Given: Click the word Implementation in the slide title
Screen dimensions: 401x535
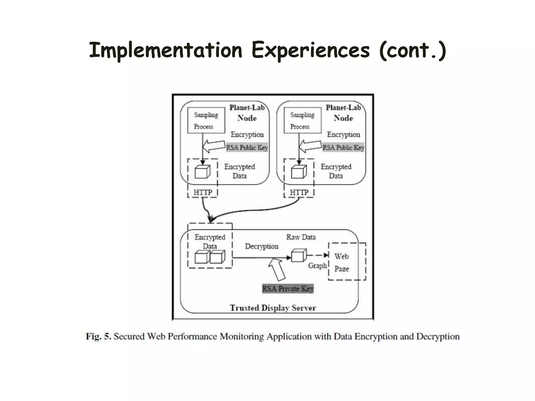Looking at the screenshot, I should point(166,50).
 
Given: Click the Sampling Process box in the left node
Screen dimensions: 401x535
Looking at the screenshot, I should point(206,120).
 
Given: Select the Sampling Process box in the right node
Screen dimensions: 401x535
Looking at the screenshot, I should point(303,120).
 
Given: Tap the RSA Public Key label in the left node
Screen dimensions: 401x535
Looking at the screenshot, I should point(247,148).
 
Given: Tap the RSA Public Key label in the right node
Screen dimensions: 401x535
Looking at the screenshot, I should point(343,148).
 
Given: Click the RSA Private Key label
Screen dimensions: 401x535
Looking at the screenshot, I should point(288,289).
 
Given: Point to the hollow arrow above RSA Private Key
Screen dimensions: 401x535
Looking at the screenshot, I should point(277,269).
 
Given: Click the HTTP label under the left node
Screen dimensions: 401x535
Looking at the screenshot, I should point(203,192).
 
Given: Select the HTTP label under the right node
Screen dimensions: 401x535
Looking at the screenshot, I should point(299,192).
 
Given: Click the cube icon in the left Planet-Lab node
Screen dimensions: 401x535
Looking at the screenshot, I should point(202,172).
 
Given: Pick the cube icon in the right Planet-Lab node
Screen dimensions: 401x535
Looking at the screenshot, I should point(299,172).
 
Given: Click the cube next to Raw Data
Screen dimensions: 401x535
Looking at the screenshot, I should point(299,256).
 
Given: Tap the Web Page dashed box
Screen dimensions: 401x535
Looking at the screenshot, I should point(347,262).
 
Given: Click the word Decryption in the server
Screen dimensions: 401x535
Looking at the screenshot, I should point(261,246).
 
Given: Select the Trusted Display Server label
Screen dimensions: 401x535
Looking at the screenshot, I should point(273,308).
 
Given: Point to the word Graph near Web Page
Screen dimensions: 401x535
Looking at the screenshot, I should point(317,266).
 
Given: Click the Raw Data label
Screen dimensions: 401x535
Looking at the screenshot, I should point(301,237).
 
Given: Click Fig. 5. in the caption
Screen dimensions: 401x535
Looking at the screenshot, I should point(98,336).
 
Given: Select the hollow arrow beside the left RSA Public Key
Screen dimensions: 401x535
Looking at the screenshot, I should point(214,146).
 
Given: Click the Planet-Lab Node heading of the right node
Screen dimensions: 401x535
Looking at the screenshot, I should point(343,113).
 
